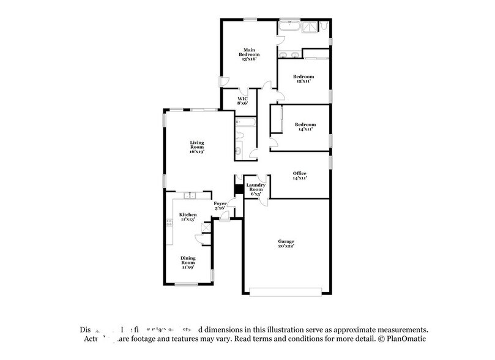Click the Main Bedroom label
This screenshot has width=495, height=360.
coord(248,54)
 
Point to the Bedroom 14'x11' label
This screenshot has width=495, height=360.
coord(304,127)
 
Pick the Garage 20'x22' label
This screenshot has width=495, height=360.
coord(286,243)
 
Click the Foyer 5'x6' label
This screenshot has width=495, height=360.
coord(220,206)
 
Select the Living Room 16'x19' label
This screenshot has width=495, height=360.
coord(196,147)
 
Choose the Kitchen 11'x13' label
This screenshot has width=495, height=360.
coord(187,217)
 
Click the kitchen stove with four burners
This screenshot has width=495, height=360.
coord(168,224)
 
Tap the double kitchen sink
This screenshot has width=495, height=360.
coord(190,196)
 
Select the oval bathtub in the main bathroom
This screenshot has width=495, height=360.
coord(289,27)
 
